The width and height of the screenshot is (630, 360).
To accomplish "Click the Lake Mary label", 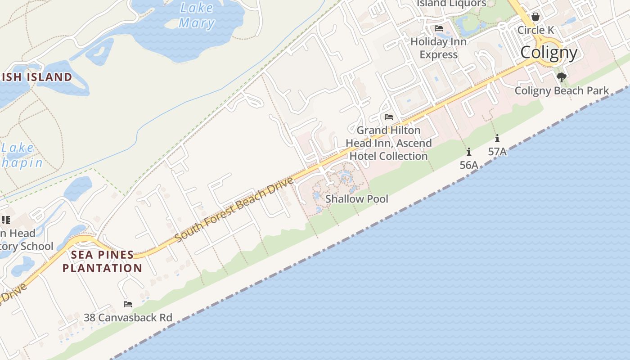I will point(196,15).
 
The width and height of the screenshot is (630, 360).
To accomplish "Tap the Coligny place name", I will point(549,53).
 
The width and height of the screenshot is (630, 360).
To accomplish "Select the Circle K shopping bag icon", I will point(535,17).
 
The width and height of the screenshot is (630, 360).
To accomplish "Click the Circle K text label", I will point(535,30).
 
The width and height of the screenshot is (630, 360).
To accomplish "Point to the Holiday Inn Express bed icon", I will point(439,28).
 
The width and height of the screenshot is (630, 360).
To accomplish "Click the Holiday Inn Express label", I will point(439,48).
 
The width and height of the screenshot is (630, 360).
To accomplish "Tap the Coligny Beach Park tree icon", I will point(561,77).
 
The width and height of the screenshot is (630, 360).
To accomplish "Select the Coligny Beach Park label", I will point(562,90).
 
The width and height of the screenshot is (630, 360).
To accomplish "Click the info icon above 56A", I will point(469,152).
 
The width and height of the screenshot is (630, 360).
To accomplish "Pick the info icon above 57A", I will point(497,139).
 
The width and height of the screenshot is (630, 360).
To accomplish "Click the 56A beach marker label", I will point(469,165).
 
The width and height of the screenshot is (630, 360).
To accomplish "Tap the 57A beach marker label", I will point(497,152).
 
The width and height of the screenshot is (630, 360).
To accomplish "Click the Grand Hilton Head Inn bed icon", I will point(389,117).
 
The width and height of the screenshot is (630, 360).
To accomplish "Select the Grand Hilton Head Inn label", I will point(389,143).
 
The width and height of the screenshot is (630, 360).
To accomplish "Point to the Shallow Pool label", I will point(356,199).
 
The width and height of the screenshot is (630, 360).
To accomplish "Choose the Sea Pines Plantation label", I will point(102,261).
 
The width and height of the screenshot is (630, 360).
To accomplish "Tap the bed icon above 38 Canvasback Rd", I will point(128,304).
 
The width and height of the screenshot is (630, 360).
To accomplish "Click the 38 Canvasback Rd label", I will point(128,318).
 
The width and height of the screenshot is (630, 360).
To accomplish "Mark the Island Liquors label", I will point(451,4).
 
